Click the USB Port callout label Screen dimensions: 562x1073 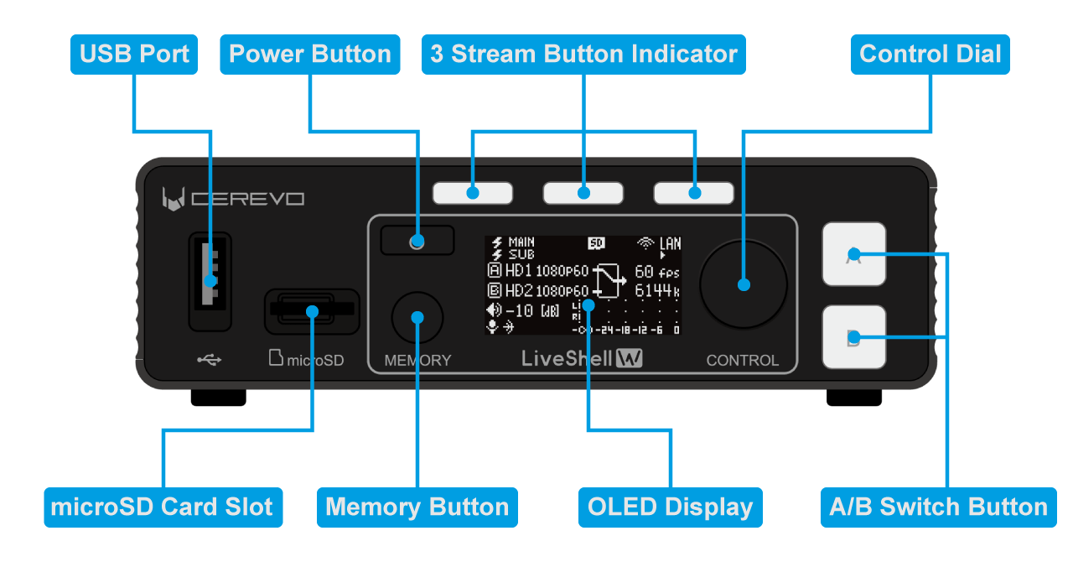[134, 55]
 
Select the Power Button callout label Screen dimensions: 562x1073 [309, 55]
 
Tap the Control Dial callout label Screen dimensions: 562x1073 [930, 55]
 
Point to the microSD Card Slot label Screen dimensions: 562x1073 [163, 507]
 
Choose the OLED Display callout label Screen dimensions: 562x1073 [670, 507]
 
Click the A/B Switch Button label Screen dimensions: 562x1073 [937, 507]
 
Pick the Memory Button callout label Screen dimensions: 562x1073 [417, 507]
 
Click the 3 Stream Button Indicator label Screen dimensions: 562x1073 [583, 55]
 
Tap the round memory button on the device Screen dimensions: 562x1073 [417, 318]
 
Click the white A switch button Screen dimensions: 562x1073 [853, 254]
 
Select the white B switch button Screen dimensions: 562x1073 [853, 337]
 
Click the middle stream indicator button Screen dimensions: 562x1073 [583, 193]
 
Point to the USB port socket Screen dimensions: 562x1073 [210, 281]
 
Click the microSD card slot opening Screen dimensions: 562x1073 [311, 310]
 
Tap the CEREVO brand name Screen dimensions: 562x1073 [247, 199]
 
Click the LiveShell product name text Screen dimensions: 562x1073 [567, 359]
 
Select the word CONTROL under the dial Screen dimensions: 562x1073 [742, 361]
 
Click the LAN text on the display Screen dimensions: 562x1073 [670, 244]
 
